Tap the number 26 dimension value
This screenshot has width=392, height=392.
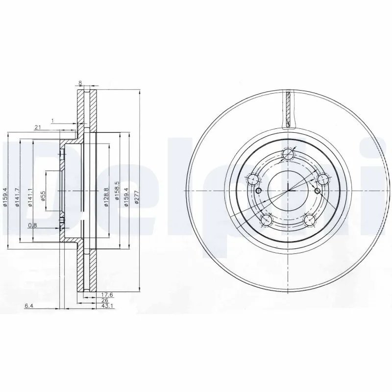click(104, 300)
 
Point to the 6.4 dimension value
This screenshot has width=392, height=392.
click(29, 306)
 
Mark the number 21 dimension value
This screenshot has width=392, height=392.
click(37, 127)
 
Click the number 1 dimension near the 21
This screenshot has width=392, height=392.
click(52, 120)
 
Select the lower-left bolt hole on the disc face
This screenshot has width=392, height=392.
click(266, 220)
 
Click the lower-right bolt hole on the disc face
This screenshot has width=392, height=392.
click(310, 220)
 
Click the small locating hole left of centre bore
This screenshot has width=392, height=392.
click(259, 191)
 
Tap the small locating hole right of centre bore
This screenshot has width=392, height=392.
click(317, 191)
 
